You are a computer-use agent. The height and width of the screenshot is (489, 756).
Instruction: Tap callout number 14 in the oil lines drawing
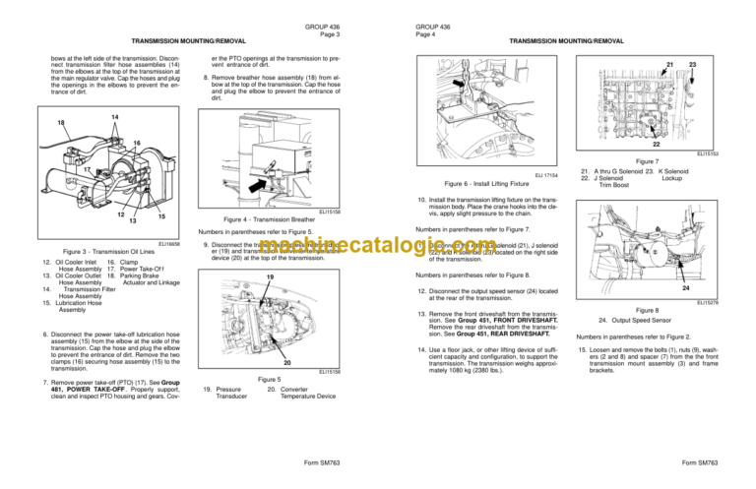[x=114, y=117]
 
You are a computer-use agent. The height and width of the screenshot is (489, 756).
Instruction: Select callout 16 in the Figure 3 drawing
[x=139, y=144]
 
